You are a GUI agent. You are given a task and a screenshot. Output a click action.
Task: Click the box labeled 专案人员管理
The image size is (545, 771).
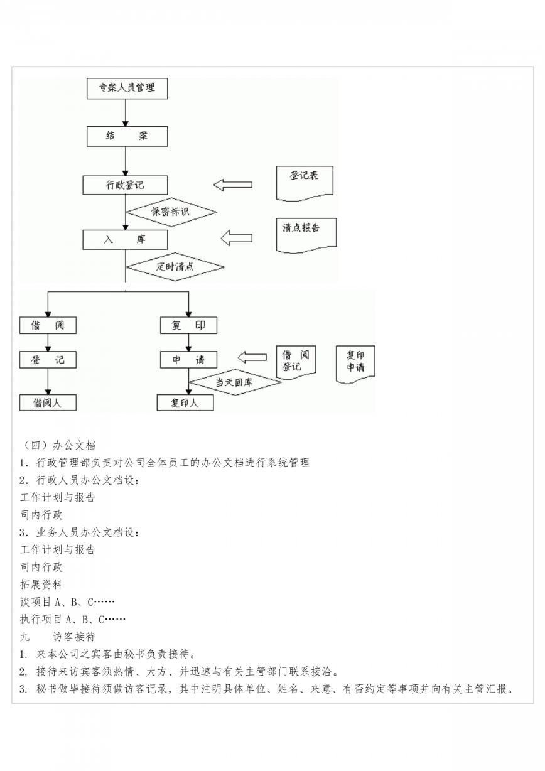(x=127, y=89)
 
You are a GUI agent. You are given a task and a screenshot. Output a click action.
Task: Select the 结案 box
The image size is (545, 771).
(x=127, y=136)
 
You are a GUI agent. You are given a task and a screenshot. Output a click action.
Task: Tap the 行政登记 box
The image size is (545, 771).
(x=125, y=185)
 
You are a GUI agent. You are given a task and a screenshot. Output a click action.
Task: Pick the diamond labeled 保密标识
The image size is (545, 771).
(x=171, y=212)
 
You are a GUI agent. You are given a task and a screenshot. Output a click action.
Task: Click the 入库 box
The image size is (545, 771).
(x=125, y=240)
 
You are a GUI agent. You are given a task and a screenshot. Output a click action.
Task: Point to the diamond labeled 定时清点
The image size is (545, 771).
(x=175, y=267)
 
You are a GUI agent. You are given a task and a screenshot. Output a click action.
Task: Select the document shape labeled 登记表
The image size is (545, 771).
(x=305, y=183)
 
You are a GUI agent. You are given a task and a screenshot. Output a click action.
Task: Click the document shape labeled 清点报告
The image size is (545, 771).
(x=306, y=236)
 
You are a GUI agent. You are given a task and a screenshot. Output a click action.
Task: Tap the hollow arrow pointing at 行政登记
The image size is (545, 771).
(x=233, y=185)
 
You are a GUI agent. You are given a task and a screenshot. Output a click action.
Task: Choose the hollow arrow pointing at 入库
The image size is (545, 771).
(x=237, y=238)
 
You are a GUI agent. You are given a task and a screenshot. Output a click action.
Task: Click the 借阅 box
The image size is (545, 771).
(x=48, y=325)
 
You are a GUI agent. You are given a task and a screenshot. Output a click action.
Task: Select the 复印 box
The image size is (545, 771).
(x=188, y=325)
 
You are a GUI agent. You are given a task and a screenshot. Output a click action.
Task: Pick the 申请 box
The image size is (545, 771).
(x=188, y=360)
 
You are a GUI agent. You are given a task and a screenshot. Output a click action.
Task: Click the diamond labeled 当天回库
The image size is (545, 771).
(x=235, y=382)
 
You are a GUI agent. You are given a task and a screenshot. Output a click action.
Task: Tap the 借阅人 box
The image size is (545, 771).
(x=48, y=402)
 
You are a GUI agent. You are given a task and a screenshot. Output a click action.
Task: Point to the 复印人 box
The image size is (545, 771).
(x=185, y=402)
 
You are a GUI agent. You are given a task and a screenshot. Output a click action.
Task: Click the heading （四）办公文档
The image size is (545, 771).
(x=58, y=445)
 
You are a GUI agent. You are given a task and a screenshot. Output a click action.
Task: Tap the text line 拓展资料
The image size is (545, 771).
(x=41, y=584)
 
